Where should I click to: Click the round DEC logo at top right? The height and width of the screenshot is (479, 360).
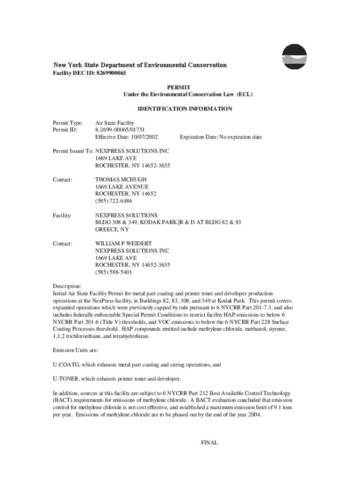pyautogui.click(x=295, y=57)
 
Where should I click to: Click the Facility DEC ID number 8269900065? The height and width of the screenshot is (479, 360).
pyautogui.click(x=111, y=73)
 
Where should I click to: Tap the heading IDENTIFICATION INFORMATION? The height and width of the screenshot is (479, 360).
pyautogui.click(x=185, y=109)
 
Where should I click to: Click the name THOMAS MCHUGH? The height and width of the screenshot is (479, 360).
pyautogui.click(x=121, y=180)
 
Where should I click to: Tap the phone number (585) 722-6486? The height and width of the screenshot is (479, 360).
pyautogui.click(x=114, y=201)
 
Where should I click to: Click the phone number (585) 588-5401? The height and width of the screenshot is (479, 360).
pyautogui.click(x=114, y=272)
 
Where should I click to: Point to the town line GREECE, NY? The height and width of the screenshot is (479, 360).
pyautogui.click(x=112, y=230)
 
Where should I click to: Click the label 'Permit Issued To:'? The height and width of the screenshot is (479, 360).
pyautogui.click(x=73, y=151)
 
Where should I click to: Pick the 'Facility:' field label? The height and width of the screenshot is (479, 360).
pyautogui.click(x=62, y=215)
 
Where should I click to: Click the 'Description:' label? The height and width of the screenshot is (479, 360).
pyautogui.click(x=67, y=286)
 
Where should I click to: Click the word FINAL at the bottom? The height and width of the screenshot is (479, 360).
pyautogui.click(x=209, y=443)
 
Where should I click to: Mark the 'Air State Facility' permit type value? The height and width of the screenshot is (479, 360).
pyautogui.click(x=115, y=123)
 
